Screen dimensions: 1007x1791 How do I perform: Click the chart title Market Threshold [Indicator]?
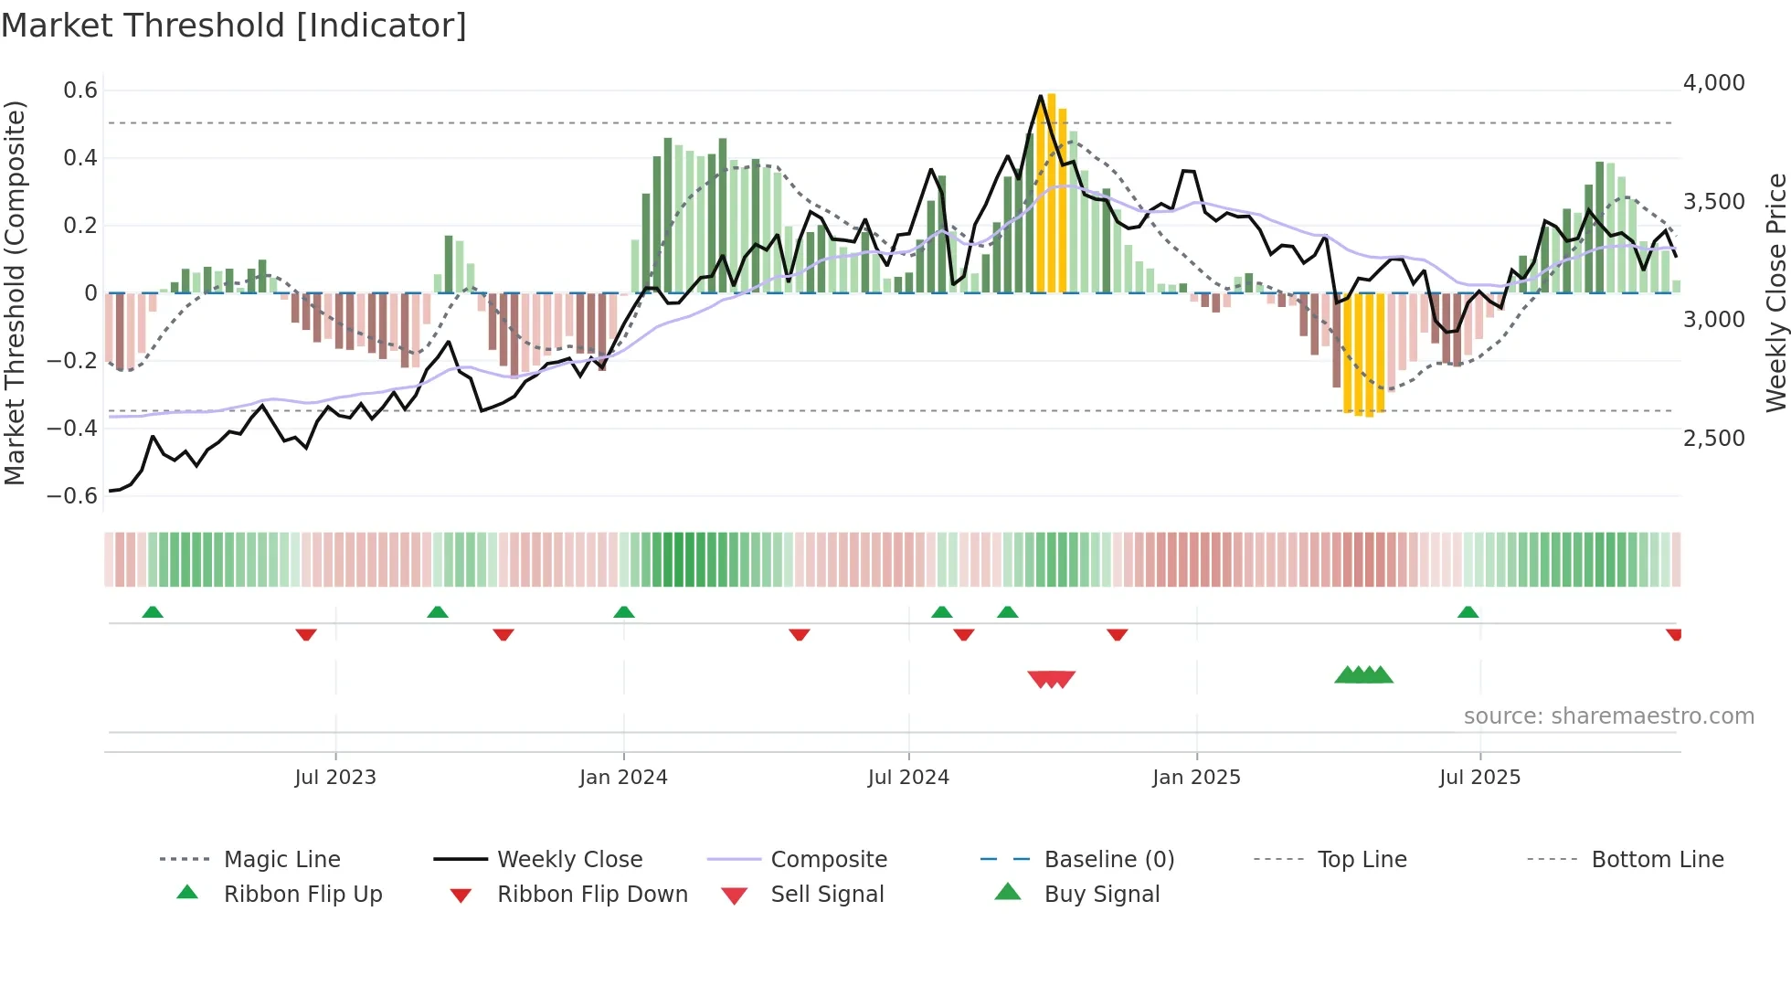click(x=234, y=26)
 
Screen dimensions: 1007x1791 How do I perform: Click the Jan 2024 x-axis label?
click(x=623, y=777)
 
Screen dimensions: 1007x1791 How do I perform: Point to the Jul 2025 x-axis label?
click(x=1479, y=777)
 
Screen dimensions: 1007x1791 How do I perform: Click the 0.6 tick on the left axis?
click(x=80, y=90)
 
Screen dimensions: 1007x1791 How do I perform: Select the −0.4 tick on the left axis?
click(x=72, y=428)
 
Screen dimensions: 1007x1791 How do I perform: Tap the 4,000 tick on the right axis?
click(x=1713, y=82)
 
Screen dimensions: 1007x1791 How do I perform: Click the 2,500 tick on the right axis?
click(x=1713, y=438)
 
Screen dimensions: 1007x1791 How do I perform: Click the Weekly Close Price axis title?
click(x=1775, y=292)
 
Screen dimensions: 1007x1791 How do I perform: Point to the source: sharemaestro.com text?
click(x=1608, y=715)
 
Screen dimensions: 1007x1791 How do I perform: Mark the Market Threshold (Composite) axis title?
click(x=15, y=292)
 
